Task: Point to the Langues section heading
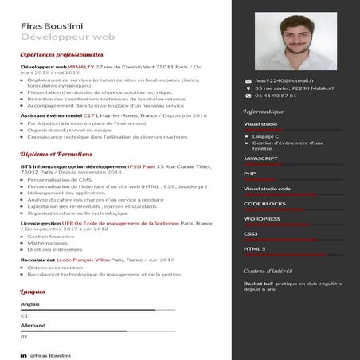click(33, 292)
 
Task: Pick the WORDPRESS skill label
click(261, 218)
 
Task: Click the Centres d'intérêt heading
click(269, 271)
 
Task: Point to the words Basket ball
click(258, 283)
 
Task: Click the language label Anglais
click(29, 304)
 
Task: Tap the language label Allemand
click(33, 325)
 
